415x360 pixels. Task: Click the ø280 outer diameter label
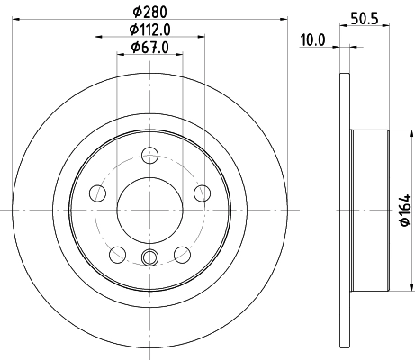(x=149, y=12)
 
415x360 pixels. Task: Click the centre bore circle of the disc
(x=150, y=209)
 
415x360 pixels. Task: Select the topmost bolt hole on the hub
(x=150, y=154)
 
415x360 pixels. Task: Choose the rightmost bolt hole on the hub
(x=203, y=192)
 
